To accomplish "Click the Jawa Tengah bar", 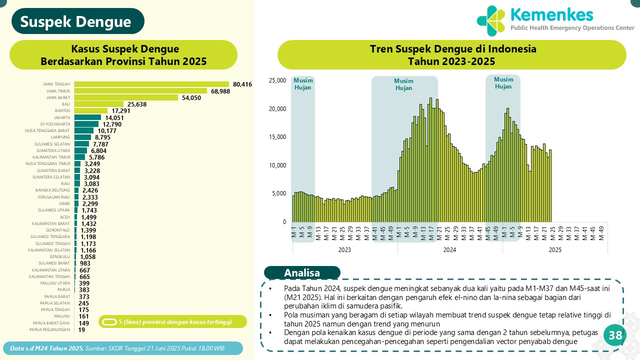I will point(151,84).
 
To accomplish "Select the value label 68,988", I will point(223,91).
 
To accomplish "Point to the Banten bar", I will point(91,110).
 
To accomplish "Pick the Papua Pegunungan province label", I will point(49,329).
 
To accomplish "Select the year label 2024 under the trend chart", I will point(449,249).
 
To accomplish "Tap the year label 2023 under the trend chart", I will point(344,249).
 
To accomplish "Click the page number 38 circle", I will point(615,336).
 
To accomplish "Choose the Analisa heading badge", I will point(302,273).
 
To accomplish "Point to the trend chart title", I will point(451,55).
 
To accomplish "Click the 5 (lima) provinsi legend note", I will point(172,321).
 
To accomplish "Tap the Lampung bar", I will point(82,137).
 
